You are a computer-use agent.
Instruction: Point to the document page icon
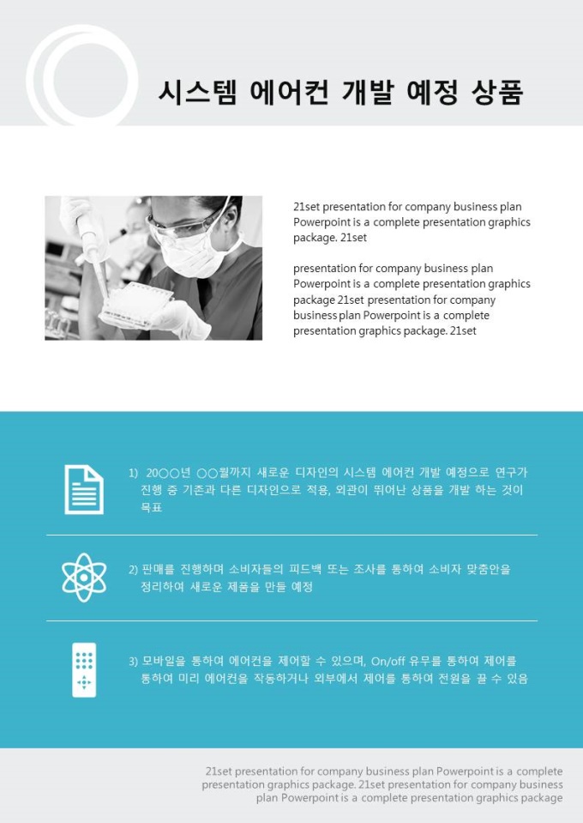84,489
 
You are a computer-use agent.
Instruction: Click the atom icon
84,578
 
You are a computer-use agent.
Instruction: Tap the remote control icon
84,669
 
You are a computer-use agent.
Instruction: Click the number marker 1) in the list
133,473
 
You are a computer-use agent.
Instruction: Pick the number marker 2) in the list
133,570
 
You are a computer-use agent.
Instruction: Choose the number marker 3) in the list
133,662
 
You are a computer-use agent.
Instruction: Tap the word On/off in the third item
388,662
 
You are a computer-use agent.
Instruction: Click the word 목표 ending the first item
152,507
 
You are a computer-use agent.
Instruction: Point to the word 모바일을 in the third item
158,661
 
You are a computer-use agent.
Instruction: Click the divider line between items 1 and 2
291,535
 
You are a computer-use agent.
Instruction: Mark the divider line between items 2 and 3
291,620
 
